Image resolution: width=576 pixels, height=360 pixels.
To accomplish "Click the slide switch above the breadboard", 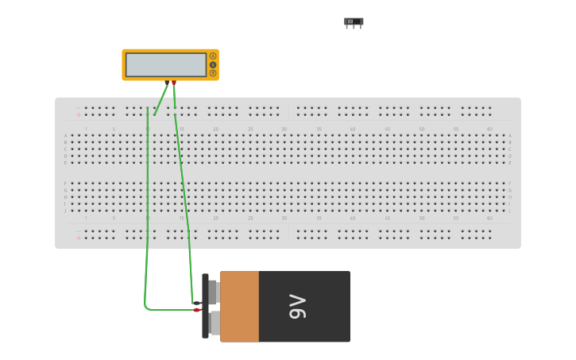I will coord(354,21).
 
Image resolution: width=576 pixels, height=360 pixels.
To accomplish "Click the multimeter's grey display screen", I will coord(165,65).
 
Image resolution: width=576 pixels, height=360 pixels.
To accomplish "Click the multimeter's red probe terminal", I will coord(174,83).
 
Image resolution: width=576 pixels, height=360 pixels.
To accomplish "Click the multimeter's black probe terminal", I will coord(167,83).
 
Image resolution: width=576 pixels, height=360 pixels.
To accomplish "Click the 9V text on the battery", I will coord(297,307).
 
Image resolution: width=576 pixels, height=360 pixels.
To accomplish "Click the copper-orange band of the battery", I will coord(239,307).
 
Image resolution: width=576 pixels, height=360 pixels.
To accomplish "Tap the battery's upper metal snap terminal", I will coord(214,292).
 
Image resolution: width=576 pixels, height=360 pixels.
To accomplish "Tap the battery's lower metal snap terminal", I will coord(214,323).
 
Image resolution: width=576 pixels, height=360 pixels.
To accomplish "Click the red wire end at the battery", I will coord(197,310).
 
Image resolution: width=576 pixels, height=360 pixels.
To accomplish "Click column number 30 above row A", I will coord(284,129).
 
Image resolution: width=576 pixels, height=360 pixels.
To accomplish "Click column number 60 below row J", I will coord(489,218).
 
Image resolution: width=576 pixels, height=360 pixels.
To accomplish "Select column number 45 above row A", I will coord(387,129).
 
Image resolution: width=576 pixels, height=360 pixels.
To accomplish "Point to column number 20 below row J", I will coord(215,218).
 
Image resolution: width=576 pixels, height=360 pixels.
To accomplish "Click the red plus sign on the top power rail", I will coord(78,115).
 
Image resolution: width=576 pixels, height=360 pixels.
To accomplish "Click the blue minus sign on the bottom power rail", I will coord(78,231).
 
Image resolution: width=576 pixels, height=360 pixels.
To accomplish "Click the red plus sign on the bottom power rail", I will coord(78,238).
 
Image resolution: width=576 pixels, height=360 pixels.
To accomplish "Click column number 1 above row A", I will coord(86,129).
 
